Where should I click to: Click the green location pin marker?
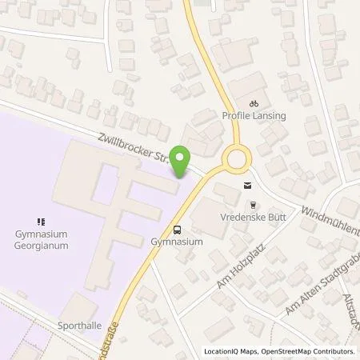(182, 159)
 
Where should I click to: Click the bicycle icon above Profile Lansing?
(253, 102)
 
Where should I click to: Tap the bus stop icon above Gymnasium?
(177, 226)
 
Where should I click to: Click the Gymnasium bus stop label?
(177, 240)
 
